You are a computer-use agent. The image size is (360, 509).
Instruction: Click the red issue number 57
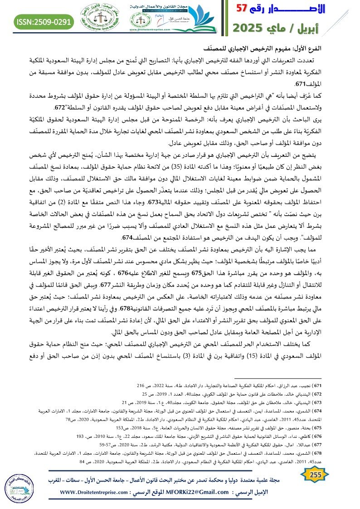click(244, 8)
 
